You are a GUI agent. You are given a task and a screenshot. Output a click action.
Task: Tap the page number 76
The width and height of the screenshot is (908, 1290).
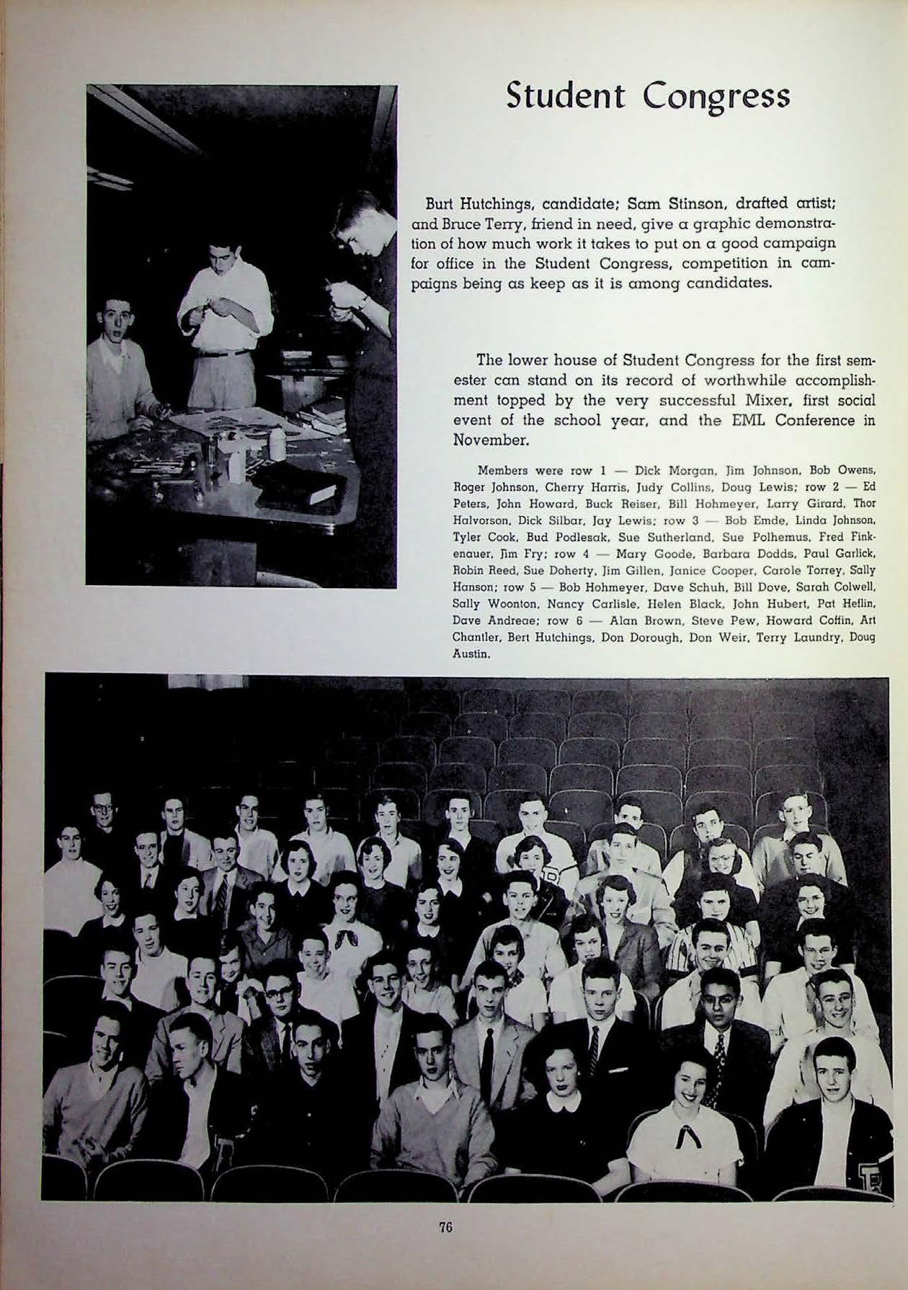(x=445, y=1227)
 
